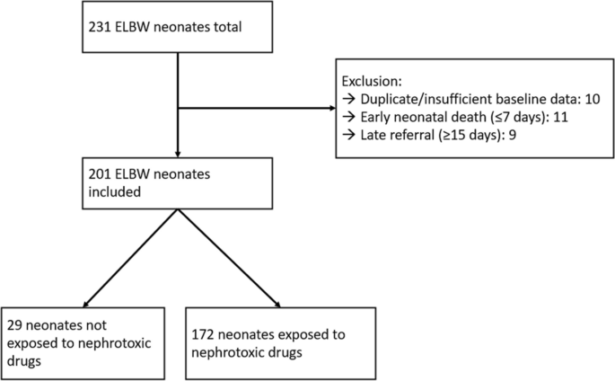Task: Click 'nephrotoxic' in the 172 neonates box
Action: [x=232, y=352]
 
